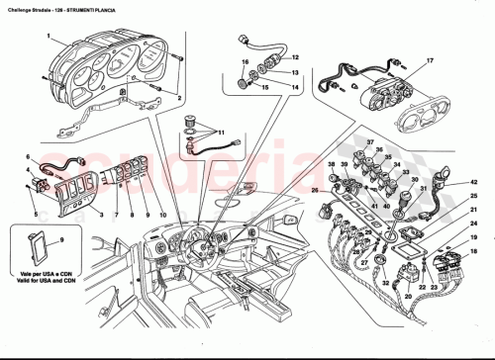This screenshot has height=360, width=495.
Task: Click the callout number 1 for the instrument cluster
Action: click(49, 37)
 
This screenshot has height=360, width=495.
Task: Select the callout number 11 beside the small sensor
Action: click(221, 132)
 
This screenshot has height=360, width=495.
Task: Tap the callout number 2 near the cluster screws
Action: click(179, 99)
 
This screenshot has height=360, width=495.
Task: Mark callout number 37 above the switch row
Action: click(367, 142)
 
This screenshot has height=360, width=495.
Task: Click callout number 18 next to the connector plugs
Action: click(473, 239)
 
